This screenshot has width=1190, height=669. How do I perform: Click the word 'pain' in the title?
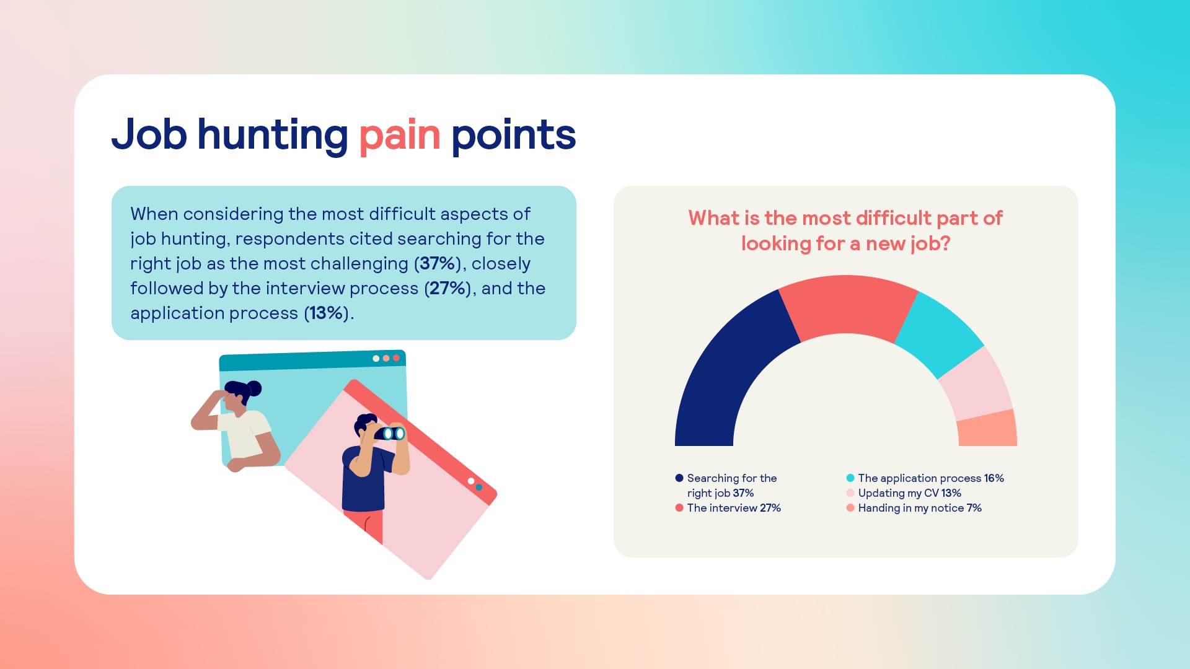coord(400,136)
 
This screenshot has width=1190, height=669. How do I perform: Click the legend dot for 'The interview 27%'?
coord(679,508)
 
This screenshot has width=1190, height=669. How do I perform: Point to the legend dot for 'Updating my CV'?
coord(850,493)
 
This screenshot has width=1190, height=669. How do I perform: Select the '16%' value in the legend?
coord(994,478)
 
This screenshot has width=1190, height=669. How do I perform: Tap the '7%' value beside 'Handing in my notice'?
coord(974,508)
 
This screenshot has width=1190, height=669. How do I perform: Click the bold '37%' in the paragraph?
coord(438,263)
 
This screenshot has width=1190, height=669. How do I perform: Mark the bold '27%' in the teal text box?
coord(447,288)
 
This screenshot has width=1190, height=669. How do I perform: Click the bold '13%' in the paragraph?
coord(327,313)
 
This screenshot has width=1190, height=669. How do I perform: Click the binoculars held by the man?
coord(390,433)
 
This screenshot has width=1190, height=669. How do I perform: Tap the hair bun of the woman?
coord(254,388)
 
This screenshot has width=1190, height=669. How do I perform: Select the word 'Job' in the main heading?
coord(149,134)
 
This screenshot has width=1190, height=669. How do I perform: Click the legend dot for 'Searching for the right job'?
coord(679,478)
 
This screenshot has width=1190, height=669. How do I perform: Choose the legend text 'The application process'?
coord(920,478)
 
